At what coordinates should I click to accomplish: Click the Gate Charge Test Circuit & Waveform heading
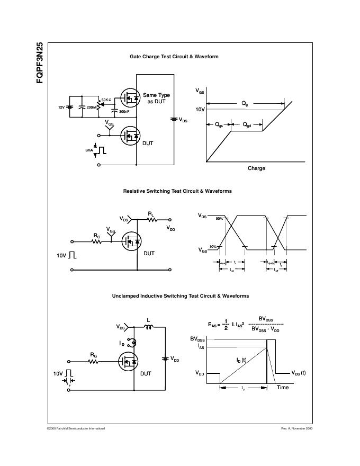174,57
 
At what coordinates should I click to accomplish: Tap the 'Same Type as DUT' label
157,98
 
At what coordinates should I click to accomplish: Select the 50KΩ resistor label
106,100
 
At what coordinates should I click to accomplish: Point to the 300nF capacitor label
124,112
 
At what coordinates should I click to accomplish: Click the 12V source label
61,107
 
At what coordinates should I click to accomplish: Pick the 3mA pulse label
88,150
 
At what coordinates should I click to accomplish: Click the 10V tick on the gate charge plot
200,109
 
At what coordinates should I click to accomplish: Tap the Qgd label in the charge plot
247,125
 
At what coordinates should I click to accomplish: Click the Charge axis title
256,168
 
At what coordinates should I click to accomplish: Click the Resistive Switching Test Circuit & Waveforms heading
177,191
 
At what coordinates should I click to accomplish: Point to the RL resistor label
151,214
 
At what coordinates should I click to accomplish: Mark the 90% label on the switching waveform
219,219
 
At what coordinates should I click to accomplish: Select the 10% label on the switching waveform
213,247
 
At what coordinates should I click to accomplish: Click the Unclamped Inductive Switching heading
180,296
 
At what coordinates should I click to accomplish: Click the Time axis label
283,388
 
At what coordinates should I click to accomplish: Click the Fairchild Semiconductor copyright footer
76,428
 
